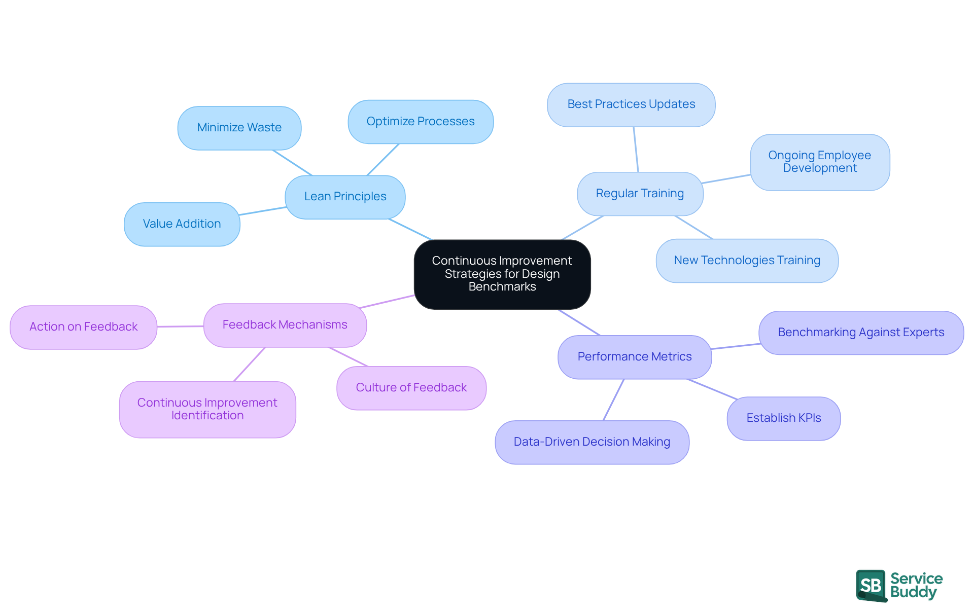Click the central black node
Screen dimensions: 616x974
502,274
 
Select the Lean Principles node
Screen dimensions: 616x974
345,197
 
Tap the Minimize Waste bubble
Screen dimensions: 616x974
239,128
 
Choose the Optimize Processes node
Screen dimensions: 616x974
421,122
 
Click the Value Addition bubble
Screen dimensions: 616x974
182,224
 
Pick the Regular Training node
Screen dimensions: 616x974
640,194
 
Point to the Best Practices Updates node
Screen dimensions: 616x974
631,104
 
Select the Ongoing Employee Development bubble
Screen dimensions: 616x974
820,162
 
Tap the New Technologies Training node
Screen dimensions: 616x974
747,261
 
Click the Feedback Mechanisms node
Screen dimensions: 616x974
285,325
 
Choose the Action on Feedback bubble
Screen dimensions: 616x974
83,327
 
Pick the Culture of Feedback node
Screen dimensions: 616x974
411,388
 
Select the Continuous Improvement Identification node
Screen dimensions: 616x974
207,409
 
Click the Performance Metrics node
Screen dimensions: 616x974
634,357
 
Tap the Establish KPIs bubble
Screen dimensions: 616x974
783,418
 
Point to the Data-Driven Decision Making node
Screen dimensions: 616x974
592,442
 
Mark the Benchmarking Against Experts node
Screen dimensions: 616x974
861,333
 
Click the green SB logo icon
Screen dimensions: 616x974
871,586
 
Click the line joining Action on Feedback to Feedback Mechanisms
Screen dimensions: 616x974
180,327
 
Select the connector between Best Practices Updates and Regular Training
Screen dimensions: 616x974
636,150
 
